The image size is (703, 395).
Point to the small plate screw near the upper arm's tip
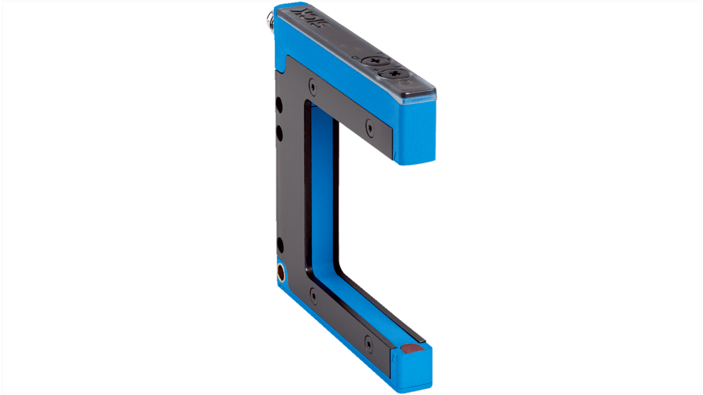pyautogui.click(x=369, y=126)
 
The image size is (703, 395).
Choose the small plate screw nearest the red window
pyautogui.click(x=368, y=342)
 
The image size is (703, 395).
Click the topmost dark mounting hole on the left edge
pyautogui.click(x=280, y=105)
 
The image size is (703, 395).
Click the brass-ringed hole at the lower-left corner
pyautogui.click(x=281, y=272)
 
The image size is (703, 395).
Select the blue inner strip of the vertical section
pyautogui.click(x=325, y=188)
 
